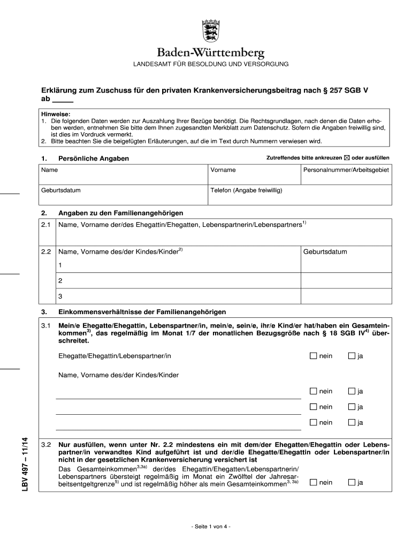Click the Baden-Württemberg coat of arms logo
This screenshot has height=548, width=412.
(210, 32)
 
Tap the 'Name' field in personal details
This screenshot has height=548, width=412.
(124, 175)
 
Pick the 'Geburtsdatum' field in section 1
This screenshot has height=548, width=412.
(124, 195)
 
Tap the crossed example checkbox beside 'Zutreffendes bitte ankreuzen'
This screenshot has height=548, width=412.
(346, 158)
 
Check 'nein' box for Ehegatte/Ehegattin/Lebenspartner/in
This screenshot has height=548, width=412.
(313, 356)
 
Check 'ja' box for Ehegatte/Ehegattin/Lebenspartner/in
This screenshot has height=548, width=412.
(352, 356)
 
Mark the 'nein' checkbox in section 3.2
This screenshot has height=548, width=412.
(313, 482)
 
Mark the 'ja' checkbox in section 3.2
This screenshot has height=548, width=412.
(352, 482)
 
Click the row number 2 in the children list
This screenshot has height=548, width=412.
(60, 280)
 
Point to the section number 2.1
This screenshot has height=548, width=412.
(45, 225)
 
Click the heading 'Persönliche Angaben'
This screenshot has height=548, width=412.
(94, 158)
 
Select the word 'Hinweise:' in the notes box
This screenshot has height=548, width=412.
(57, 114)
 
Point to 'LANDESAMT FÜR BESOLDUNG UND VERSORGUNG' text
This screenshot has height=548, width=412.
(211, 64)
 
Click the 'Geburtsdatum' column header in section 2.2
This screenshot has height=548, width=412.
(325, 252)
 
